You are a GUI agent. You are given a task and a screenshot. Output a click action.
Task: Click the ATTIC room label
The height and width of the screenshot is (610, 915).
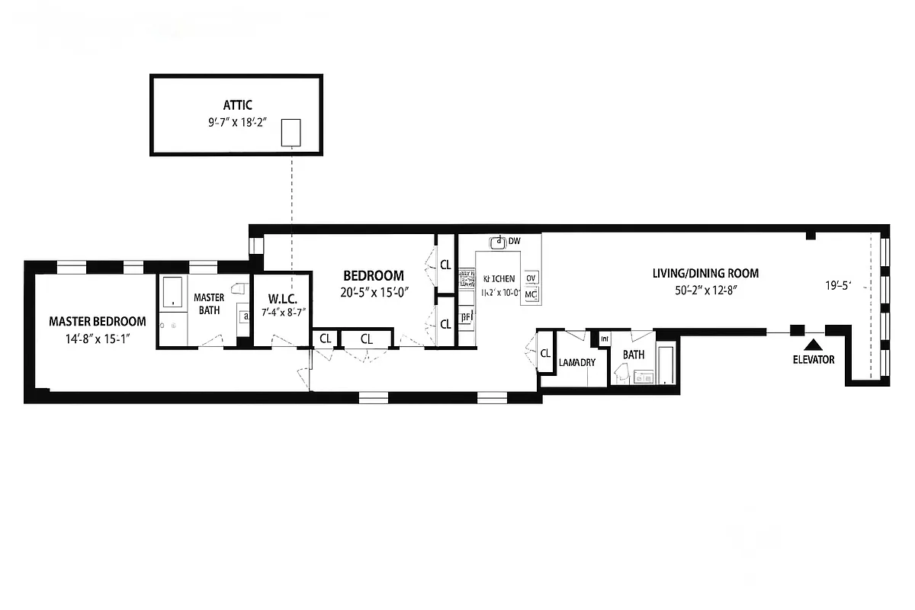click(237, 105)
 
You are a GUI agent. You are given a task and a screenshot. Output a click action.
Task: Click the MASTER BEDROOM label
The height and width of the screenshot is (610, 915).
click(98, 321)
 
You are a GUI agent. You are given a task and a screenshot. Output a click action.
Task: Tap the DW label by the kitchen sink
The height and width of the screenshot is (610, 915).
click(515, 241)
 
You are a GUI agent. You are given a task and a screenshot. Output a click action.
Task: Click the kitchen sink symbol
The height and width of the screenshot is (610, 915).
click(499, 242)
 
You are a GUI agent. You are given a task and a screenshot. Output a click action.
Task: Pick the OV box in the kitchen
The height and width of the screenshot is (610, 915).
click(531, 278)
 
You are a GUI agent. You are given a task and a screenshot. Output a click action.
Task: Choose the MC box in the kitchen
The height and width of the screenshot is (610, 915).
click(531, 294)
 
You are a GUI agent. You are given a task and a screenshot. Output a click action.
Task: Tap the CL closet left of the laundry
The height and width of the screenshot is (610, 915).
click(545, 353)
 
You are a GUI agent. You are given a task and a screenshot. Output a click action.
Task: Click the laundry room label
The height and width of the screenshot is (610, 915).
click(577, 362)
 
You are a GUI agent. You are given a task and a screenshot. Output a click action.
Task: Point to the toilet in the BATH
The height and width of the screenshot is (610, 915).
click(621, 373)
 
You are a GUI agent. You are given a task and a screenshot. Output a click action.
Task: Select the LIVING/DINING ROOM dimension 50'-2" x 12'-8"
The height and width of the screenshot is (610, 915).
click(705, 290)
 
